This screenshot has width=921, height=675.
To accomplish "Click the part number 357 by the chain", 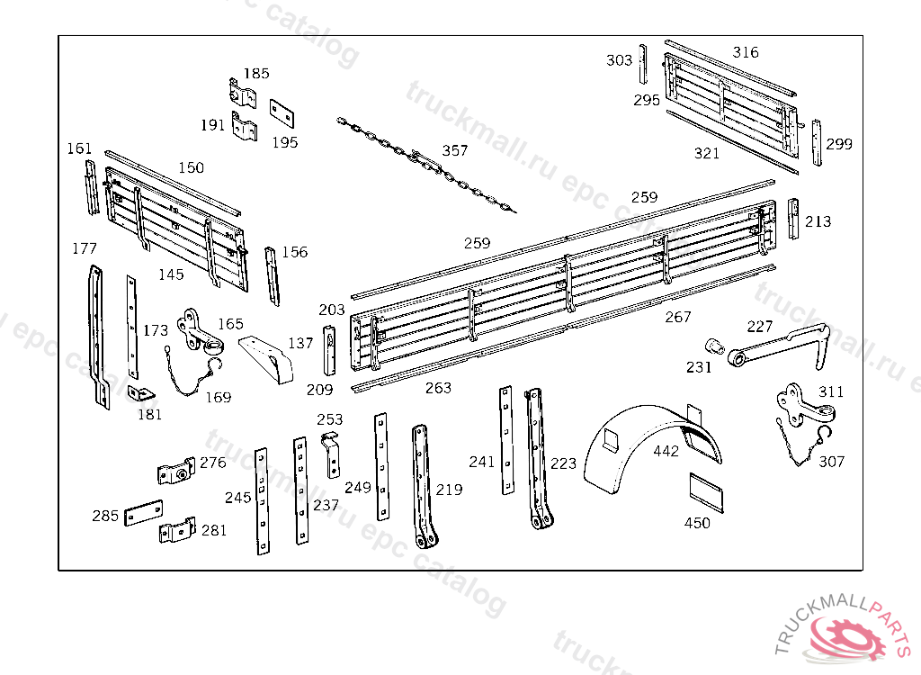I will coord(455,150).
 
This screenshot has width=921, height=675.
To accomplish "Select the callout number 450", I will coord(697,523).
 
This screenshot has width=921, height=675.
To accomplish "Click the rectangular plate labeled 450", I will coord(708,490).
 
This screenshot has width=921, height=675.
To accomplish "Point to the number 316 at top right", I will coord(746,52).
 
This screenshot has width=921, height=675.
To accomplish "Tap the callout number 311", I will coord(831,392).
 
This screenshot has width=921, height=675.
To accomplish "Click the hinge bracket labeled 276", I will coord(177,471).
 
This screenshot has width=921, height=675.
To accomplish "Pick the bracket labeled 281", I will coord(177,531).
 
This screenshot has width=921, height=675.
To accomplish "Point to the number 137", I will coord(300,343).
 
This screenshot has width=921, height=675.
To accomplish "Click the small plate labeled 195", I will coord(283,112).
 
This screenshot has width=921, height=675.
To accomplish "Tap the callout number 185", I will coord(256,74).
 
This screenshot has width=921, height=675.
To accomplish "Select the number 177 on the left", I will coord(85,248).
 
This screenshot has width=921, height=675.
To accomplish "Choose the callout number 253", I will coord(330,419).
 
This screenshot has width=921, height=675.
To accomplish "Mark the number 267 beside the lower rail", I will coord(678,317).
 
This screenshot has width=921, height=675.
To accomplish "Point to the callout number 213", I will coord(818,221).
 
